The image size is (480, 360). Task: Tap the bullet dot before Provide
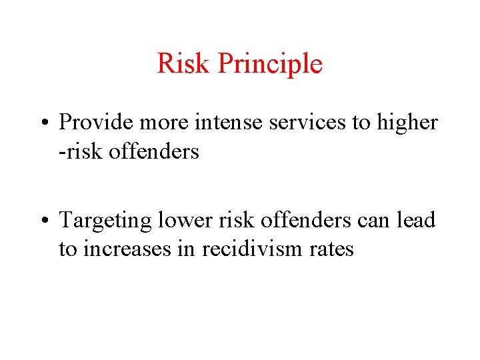[46, 123]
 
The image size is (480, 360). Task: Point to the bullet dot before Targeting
[46, 220]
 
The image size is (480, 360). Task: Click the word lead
[418, 220]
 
